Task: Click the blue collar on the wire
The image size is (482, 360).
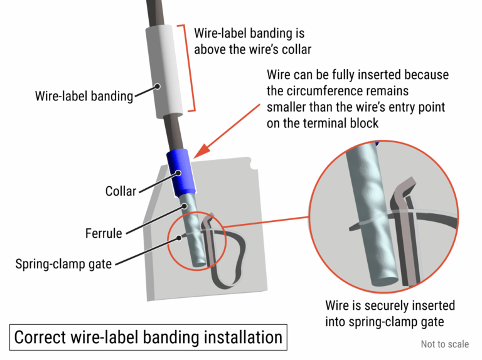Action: click(181, 172)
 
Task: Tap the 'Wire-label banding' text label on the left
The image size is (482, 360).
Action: click(84, 97)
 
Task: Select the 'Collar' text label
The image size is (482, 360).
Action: click(120, 191)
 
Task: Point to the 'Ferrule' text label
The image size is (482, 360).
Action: click(104, 233)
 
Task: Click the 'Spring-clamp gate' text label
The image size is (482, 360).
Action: click(63, 263)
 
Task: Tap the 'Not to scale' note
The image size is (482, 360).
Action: click(444, 344)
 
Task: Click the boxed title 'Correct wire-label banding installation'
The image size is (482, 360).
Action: click(148, 337)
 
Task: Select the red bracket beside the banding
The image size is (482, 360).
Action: click(190, 69)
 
